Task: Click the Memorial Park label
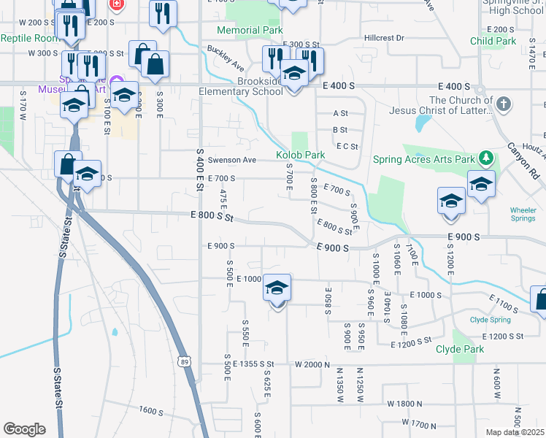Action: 250,31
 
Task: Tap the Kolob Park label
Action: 300,155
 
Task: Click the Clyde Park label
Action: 460,350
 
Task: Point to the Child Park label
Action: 493,42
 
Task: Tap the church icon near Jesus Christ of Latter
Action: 503,104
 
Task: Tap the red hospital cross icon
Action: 115,4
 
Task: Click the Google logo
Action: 24,429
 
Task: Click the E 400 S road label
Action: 339,86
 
